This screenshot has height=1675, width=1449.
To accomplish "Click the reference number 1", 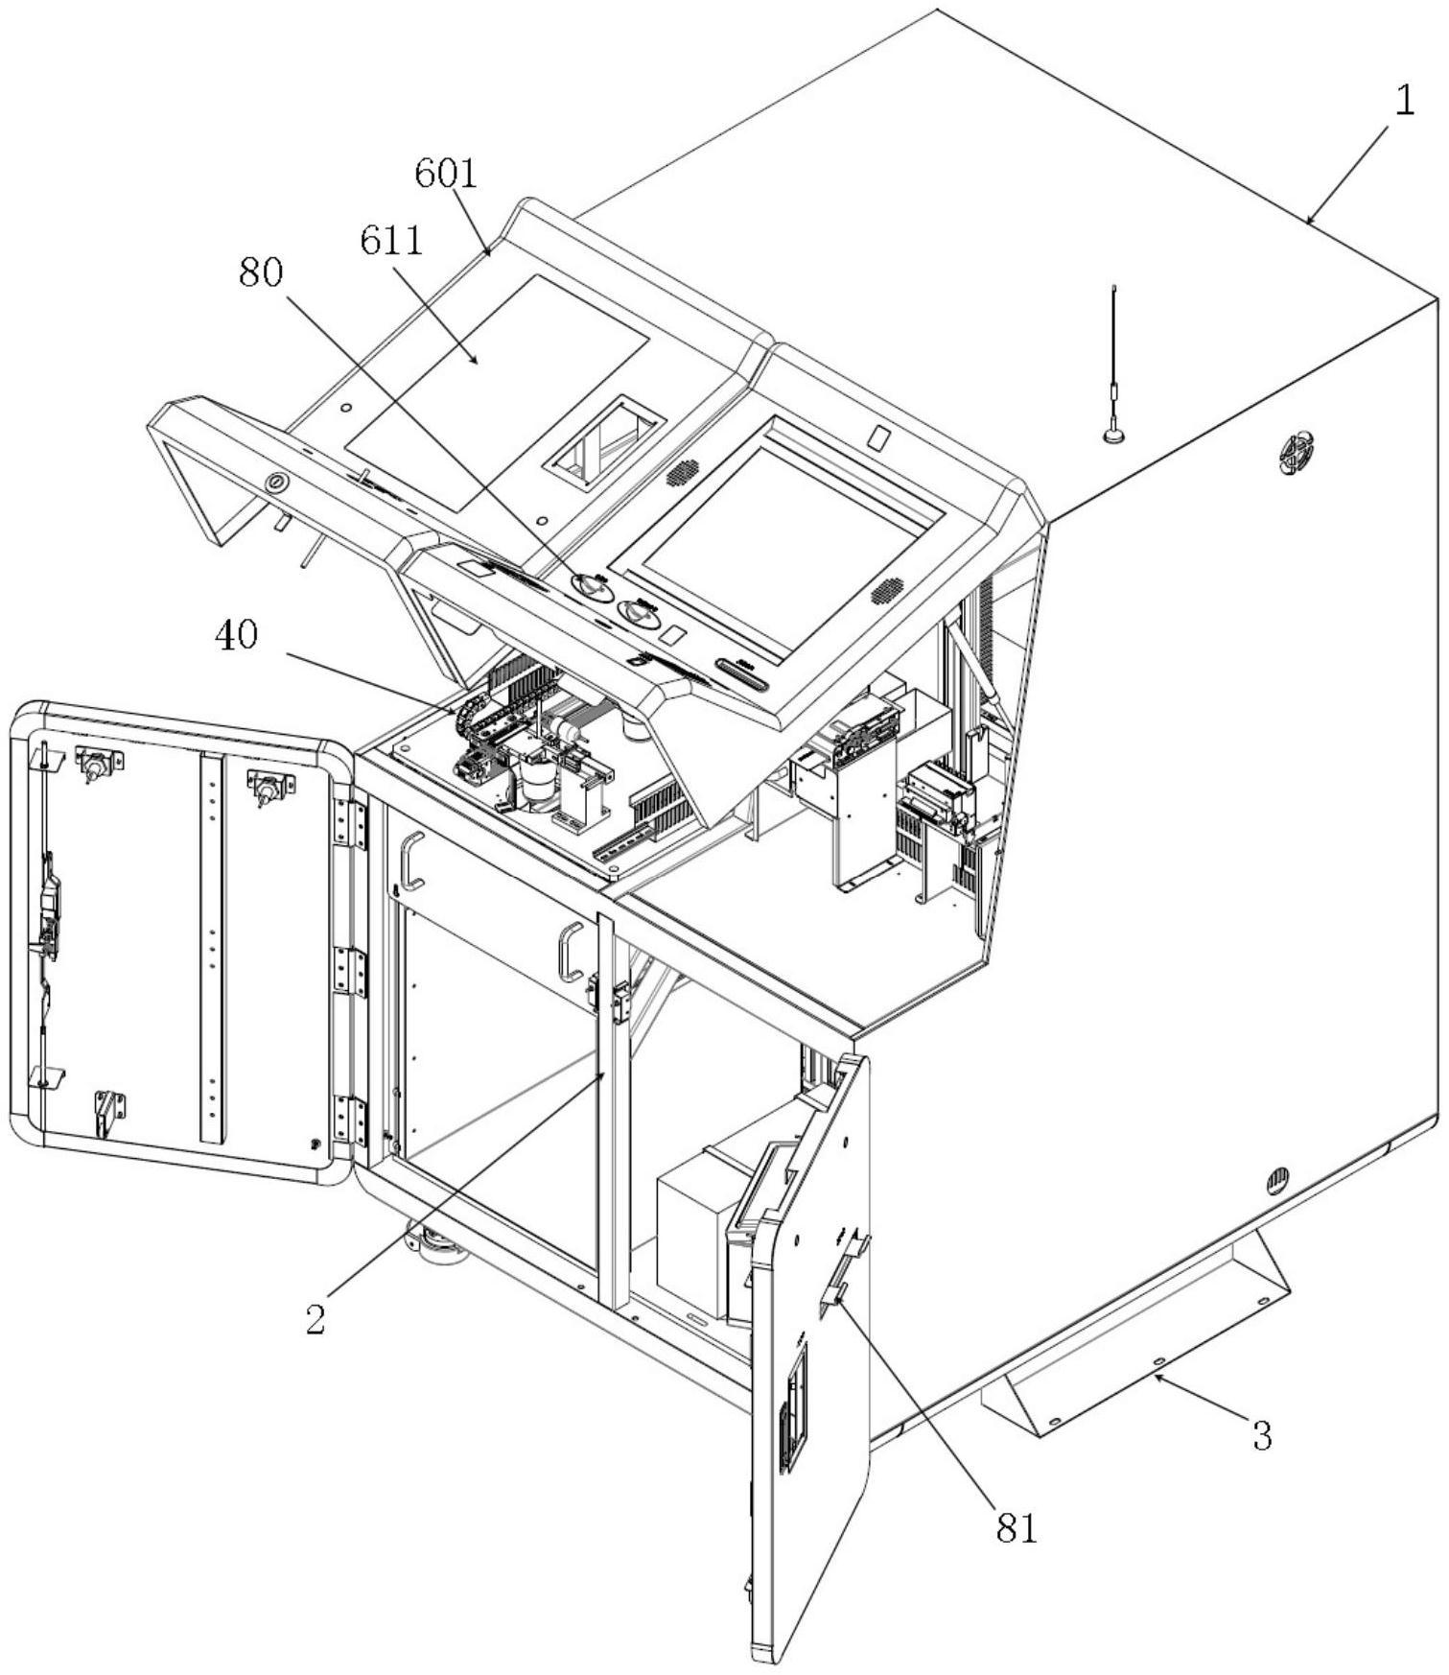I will click(1403, 101).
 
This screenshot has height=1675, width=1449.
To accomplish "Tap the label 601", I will click(446, 174).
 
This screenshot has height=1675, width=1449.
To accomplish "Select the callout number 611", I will click(391, 241).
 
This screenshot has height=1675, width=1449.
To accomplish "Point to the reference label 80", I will click(261, 273).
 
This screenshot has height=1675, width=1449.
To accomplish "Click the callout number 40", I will click(236, 634).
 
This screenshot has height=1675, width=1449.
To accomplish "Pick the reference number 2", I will click(316, 1318).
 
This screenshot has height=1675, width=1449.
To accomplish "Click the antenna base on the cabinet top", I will click(1114, 436).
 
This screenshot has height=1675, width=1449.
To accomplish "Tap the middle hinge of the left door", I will click(349, 972).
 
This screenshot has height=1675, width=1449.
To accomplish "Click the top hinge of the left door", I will click(349, 825).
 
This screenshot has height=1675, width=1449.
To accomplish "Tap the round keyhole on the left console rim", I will click(277, 482).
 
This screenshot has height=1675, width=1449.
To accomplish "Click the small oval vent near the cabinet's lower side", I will click(1278, 1178).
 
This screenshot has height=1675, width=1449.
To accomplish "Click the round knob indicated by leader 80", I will click(591, 586).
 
